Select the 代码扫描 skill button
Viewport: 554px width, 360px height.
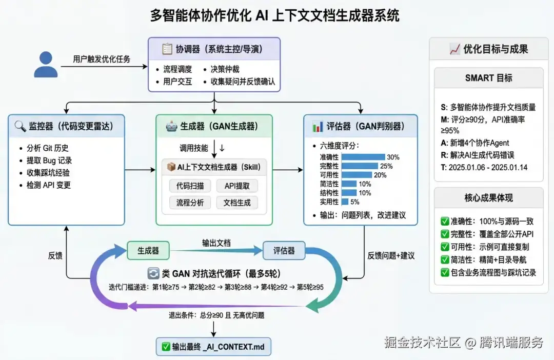pyautogui.click(x=190, y=186)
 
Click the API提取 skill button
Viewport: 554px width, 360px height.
pyautogui.click(x=237, y=186)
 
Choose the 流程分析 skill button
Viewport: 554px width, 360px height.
pyautogui.click(x=190, y=203)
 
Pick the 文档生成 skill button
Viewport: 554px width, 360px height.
pyautogui.click(x=237, y=203)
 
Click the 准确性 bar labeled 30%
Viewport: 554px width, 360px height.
pyautogui.click(x=363, y=157)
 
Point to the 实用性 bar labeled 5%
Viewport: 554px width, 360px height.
pyautogui.click(x=345, y=202)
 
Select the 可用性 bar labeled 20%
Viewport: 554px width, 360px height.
pyautogui.click(x=357, y=175)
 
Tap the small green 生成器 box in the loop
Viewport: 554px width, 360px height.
pyautogui.click(x=148, y=251)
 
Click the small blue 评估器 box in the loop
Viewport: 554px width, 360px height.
pyautogui.click(x=284, y=251)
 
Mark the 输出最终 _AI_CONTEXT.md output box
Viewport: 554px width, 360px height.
pyautogui.click(x=213, y=347)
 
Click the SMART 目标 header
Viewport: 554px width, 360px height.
pyautogui.click(x=488, y=78)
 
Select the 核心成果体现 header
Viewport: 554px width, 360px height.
pyautogui.click(x=488, y=197)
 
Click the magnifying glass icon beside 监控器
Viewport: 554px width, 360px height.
pyautogui.click(x=21, y=126)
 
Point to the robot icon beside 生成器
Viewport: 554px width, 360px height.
pyautogui.click(x=171, y=126)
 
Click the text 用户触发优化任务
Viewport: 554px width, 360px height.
pyautogui.click(x=102, y=59)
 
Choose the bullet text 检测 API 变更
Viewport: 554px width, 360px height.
pyautogui.click(x=49, y=185)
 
